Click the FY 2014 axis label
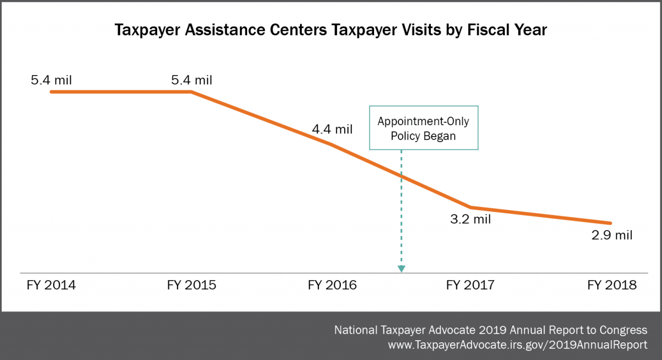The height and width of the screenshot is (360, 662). (x=51, y=286)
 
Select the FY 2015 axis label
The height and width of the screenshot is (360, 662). (x=191, y=286)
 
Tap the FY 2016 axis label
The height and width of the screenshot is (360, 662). (x=332, y=286)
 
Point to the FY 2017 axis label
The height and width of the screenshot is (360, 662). (x=471, y=286)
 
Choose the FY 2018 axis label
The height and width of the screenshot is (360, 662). (x=612, y=286)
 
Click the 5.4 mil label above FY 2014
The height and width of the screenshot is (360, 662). (x=51, y=80)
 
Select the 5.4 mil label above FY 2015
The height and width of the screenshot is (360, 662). (x=191, y=80)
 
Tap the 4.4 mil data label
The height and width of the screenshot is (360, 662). (x=332, y=130)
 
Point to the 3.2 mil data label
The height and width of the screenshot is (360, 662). (x=471, y=219)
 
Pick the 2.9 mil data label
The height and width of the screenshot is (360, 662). (x=612, y=235)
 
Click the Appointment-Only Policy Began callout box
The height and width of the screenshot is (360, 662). (x=423, y=128)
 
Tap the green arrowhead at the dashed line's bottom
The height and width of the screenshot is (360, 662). (x=402, y=268)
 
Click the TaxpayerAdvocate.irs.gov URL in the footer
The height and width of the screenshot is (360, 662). (x=518, y=345)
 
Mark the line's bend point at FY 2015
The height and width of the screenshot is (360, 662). (x=191, y=92)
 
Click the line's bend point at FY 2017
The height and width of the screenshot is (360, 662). (x=471, y=207)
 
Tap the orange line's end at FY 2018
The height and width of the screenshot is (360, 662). (x=611, y=223)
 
